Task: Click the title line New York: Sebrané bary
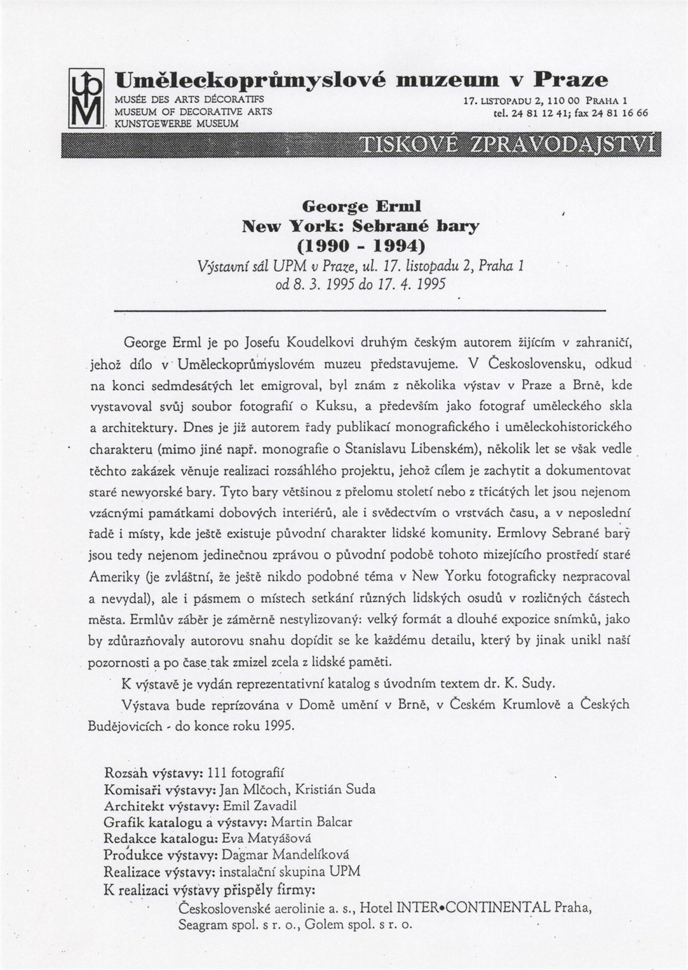point(360,226)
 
